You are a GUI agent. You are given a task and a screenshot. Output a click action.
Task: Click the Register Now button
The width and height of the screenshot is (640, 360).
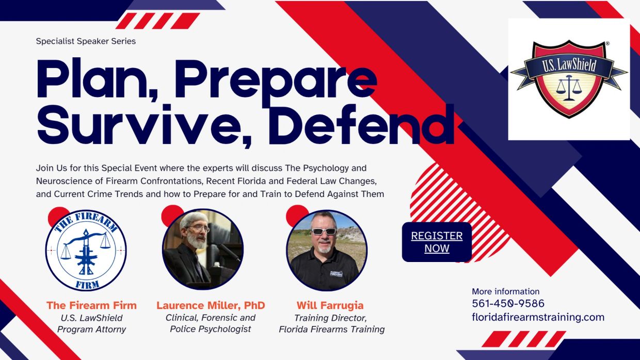coord(437,242)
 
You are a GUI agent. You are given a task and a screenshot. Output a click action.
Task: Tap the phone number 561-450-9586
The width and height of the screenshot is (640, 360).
coord(508,303)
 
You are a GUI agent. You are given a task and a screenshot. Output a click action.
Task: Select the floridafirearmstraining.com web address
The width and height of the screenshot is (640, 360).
coord(538,317)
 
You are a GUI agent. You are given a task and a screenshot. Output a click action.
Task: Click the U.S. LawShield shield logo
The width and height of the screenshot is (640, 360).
coord(569,79)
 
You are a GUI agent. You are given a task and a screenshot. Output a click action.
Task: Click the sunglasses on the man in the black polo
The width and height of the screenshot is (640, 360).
coord(324,232)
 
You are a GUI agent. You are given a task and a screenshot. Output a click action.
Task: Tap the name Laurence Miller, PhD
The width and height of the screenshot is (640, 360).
coord(211,305)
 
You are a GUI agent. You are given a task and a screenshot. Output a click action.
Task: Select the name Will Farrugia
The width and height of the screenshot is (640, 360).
coord(330,305)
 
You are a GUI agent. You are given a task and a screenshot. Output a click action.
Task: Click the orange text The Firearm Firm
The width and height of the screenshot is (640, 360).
coord(91,305)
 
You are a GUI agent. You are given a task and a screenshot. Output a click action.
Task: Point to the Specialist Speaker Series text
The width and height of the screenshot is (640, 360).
coord(86,41)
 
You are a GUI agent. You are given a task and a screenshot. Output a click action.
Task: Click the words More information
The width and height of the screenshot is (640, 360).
coord(505,291)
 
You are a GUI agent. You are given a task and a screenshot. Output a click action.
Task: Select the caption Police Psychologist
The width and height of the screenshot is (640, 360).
coord(210,329)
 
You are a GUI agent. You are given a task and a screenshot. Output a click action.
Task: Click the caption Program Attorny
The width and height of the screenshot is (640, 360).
coord(91,329)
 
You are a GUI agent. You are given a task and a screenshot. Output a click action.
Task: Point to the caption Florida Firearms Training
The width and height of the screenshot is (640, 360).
coord(331,329)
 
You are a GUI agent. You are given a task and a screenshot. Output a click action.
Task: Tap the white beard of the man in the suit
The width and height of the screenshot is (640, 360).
coord(197,241)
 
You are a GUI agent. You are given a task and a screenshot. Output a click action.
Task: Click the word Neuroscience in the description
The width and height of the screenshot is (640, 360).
coord(70,181)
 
